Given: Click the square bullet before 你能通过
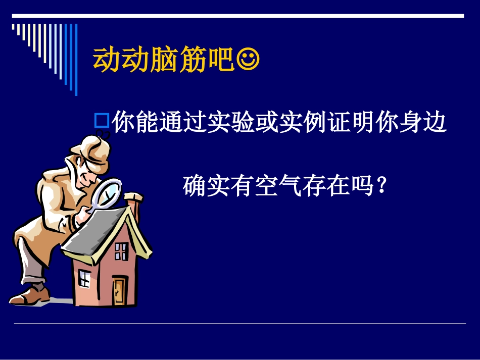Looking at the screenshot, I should (x=102, y=120).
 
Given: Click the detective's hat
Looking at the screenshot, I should (x=90, y=152).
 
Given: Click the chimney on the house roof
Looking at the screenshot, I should (x=134, y=201).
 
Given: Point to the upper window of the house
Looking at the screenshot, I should (x=121, y=251).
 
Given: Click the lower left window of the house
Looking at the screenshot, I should (x=84, y=278).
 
